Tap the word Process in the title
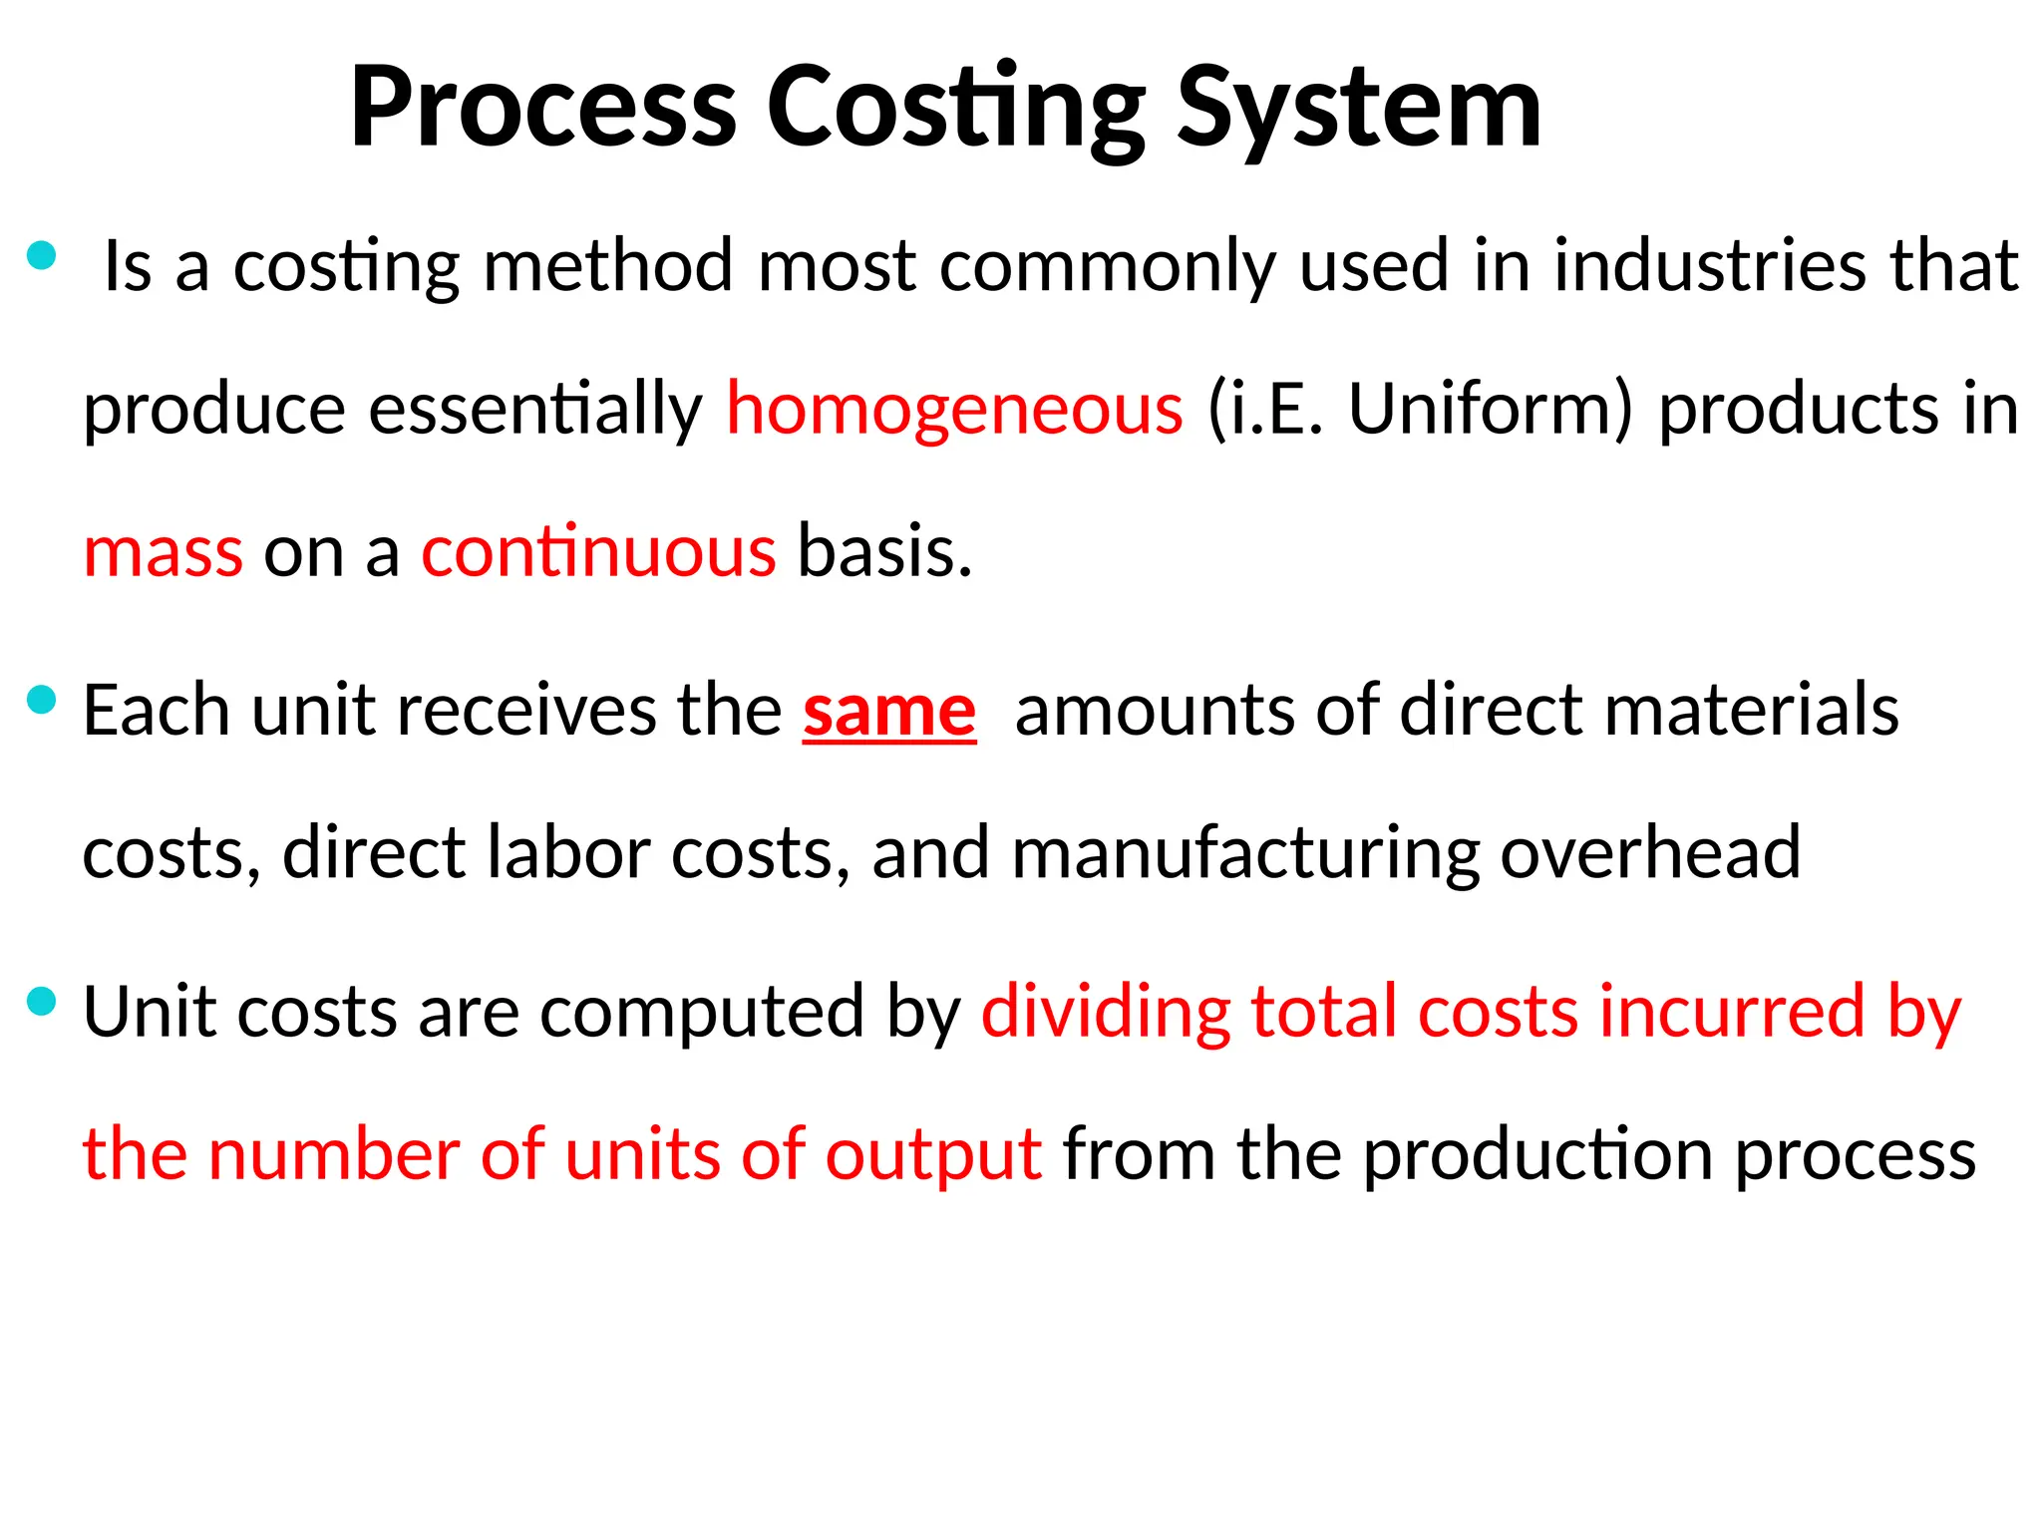(x=543, y=108)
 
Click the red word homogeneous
(x=954, y=410)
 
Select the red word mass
(x=163, y=552)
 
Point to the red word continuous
(x=598, y=552)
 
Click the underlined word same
(x=888, y=712)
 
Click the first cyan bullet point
(x=41, y=256)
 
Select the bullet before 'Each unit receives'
(x=41, y=701)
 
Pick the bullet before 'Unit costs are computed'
(x=41, y=1002)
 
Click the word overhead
(x=1650, y=854)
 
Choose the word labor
(x=567, y=854)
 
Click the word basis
(x=884, y=552)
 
